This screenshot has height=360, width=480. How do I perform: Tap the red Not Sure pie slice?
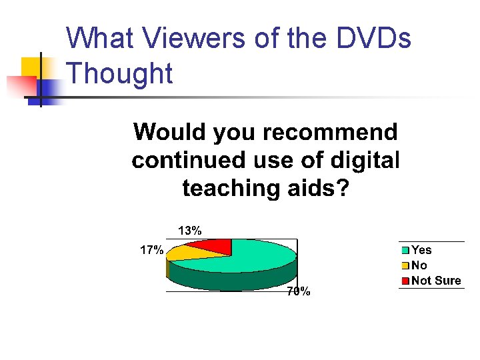pos(212,246)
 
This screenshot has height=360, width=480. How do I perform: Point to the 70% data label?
pos(298,291)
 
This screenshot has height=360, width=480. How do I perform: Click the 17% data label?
pos(151,251)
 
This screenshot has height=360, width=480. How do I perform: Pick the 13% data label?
pos(189,231)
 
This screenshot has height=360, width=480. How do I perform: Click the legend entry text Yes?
pos(421,250)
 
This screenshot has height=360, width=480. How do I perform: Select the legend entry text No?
pos(419,265)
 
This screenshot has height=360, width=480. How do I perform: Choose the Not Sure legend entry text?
pos(436,281)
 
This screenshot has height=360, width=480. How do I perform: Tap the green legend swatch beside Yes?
pos(405,251)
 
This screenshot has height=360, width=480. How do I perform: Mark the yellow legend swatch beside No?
pos(405,266)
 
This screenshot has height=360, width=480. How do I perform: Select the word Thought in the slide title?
pos(120,73)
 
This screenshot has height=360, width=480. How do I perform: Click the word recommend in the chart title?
pos(330,132)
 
